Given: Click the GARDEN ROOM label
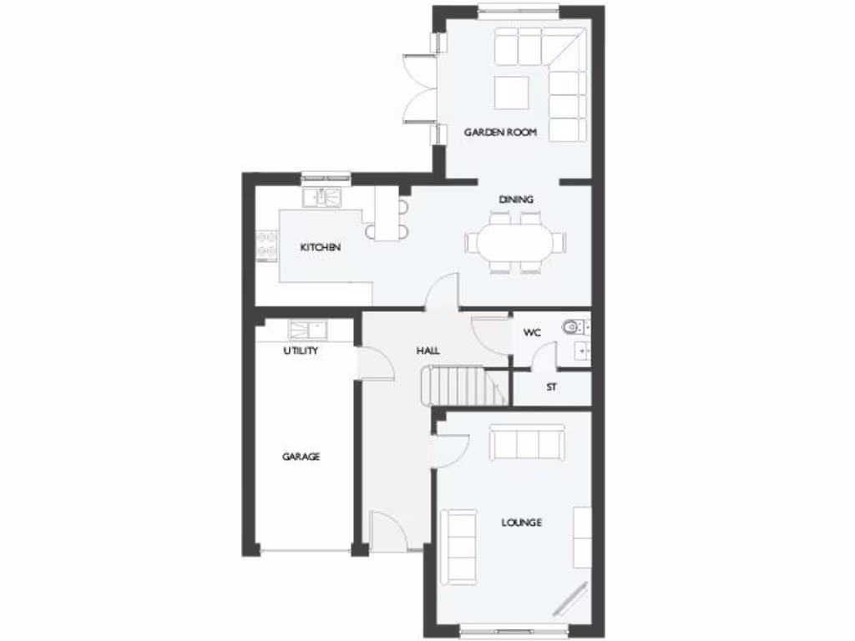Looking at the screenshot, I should click(x=500, y=132).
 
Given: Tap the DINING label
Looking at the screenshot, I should click(x=516, y=199).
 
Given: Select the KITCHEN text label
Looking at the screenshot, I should click(x=321, y=248).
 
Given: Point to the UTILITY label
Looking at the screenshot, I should click(x=301, y=351).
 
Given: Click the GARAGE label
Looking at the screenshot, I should click(x=301, y=457).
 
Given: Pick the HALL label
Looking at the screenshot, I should click(x=427, y=351).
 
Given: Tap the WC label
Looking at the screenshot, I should click(x=532, y=333).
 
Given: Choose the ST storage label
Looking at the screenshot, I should click(x=551, y=387).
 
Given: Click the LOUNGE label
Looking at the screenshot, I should click(x=521, y=522).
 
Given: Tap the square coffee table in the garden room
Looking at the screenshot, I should click(x=511, y=93).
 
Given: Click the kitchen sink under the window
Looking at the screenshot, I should click(x=321, y=197).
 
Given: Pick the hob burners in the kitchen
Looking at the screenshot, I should click(x=267, y=245).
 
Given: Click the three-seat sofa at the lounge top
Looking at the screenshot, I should click(x=526, y=442).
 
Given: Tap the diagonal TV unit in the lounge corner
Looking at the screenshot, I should click(x=574, y=598).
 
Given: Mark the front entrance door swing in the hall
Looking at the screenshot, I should click(x=388, y=530).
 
